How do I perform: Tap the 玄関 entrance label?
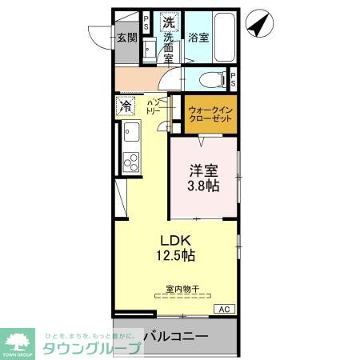point(126,37)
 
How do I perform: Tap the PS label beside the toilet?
point(233,79)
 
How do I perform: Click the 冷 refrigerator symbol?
point(126,104)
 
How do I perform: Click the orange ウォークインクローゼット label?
point(211,114)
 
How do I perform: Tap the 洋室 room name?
point(202,170)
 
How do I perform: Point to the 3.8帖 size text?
point(203,186)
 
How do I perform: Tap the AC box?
point(225,309)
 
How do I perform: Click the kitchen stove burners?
point(131,160)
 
